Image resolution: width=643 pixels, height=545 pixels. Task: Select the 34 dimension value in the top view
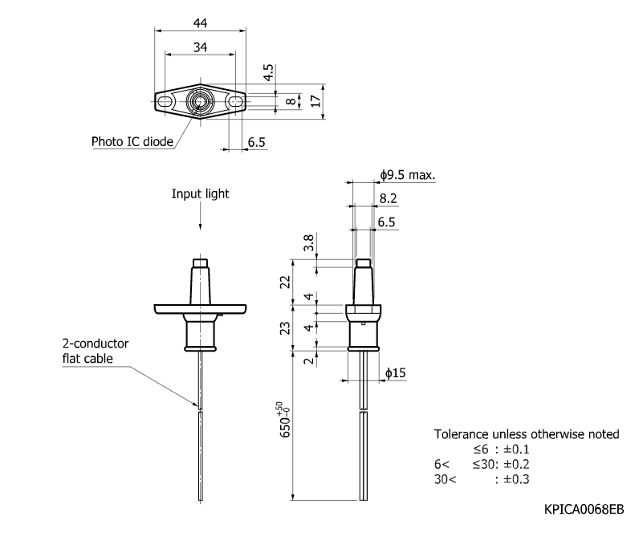coord(200,47)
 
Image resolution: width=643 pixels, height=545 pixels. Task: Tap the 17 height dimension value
coord(316,101)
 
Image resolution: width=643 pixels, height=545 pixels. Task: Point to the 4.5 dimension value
coord(270,72)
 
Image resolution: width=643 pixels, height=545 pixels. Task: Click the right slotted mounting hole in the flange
coord(234,103)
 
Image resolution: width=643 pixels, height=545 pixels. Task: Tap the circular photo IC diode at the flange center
coord(200,103)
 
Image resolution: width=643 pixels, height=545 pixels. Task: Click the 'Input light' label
coord(200,193)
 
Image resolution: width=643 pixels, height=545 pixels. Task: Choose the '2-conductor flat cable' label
coord(95,351)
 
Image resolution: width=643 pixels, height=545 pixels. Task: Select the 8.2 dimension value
coord(388,197)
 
